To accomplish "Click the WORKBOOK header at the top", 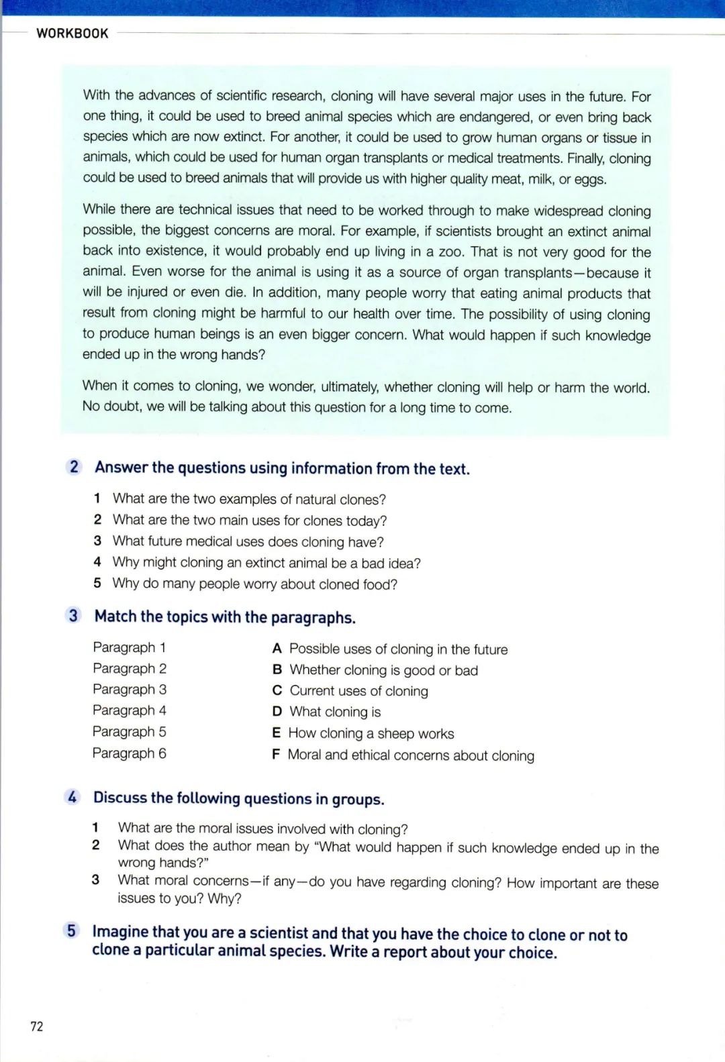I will click(72, 34).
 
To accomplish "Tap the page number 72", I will click(37, 1026).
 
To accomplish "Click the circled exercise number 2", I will click(74, 467).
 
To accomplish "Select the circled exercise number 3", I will click(73, 616).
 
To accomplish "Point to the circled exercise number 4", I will click(72, 797).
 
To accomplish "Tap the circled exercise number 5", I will click(71, 931).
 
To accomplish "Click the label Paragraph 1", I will click(129, 647).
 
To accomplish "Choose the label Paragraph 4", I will click(129, 710).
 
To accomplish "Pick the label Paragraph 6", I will click(129, 753).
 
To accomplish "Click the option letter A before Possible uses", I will click(277, 649).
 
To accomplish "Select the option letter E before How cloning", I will click(276, 733).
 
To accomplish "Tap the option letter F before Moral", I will click(275, 755).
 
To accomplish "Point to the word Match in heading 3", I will click(115, 617).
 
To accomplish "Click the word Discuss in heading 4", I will click(120, 798).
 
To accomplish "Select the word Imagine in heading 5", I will click(120, 933).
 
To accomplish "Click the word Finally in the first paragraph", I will click(585, 159).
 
